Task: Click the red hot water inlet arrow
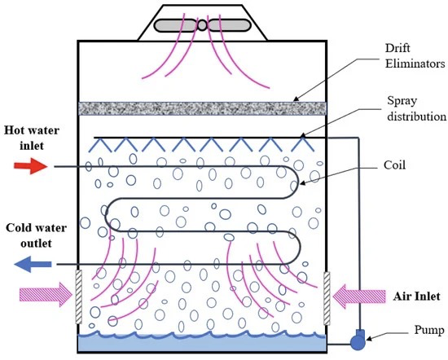click(31, 166)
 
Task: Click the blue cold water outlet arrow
click(33, 264)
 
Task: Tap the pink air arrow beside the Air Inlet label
click(359, 296)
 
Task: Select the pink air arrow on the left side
click(46, 295)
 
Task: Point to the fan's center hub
click(202, 25)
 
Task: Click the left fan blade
click(176, 25)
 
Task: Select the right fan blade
click(229, 25)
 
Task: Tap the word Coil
click(394, 165)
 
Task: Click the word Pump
click(429, 331)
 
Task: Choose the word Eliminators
click(415, 64)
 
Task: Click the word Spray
click(402, 101)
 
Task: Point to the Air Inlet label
click(416, 296)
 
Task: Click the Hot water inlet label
click(32, 138)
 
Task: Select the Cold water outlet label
click(37, 235)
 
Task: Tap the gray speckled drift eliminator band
click(202, 108)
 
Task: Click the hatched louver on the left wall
click(78, 297)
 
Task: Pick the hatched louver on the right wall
click(327, 299)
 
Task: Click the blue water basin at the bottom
click(202, 343)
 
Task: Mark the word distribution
click(416, 116)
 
